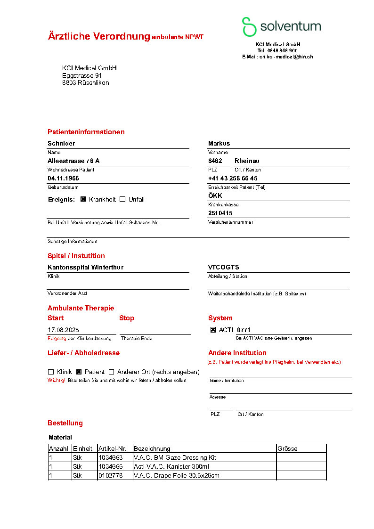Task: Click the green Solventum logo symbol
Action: tap(249, 27)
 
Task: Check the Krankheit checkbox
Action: tap(83, 199)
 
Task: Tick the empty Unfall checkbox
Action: tap(122, 199)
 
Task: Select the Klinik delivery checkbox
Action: tap(51, 372)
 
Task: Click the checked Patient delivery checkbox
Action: tap(79, 372)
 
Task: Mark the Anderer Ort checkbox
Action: tap(112, 372)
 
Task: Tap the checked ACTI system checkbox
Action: tap(213, 330)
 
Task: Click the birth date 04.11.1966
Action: tap(63, 179)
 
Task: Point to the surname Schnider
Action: tap(61, 143)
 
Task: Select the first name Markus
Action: tap(219, 143)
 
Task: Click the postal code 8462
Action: tap(215, 161)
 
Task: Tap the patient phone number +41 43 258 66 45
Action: tap(233, 179)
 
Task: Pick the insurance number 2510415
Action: tap(220, 213)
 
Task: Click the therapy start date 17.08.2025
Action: tap(63, 330)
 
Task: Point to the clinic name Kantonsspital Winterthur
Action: tap(85, 267)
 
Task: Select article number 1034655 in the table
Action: tap(110, 466)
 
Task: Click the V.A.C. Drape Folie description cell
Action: tap(176, 475)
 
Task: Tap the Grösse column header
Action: tap(287, 448)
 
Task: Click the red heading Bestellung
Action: tap(65, 423)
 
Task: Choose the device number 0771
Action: tap(244, 330)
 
